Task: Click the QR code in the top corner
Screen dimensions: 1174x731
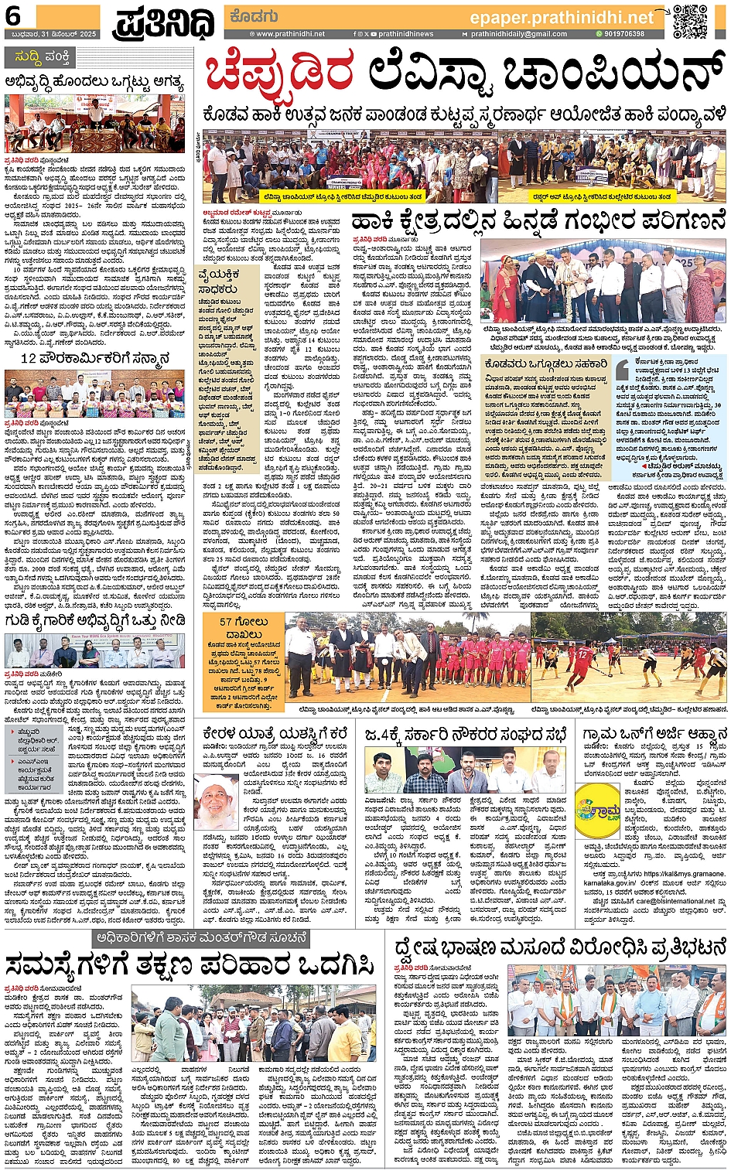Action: pos(689,21)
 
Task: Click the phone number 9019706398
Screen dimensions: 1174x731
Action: pos(625,35)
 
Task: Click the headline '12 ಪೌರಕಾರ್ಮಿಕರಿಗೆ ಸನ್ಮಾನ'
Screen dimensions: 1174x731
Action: pos(95,358)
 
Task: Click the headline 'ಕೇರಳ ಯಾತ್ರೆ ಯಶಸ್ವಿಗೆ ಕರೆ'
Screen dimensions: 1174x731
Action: pos(275,733)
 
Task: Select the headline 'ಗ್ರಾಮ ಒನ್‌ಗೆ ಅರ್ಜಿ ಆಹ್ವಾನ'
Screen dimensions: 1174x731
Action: pos(654,733)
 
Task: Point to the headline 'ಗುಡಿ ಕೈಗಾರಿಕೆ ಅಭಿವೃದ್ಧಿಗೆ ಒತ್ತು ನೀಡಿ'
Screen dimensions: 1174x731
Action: pos(95,620)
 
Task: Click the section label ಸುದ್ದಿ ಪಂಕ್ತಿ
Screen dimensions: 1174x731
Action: pos(47,57)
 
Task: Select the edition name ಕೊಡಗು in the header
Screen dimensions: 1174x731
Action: pos(249,16)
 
